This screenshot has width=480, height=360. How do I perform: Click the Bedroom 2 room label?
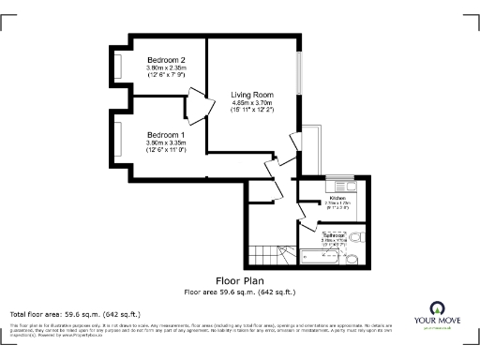click(x=166, y=60)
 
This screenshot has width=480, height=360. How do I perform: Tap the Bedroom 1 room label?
click(x=166, y=133)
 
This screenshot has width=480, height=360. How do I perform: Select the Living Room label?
click(x=253, y=94)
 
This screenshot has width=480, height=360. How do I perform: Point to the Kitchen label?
click(x=337, y=197)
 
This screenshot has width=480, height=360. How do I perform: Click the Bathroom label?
click(x=337, y=234)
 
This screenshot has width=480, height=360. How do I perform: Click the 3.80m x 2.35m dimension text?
click(x=166, y=68)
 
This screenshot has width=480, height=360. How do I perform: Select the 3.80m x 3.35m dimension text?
click(x=166, y=142)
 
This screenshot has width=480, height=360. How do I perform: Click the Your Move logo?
click(x=436, y=315)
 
